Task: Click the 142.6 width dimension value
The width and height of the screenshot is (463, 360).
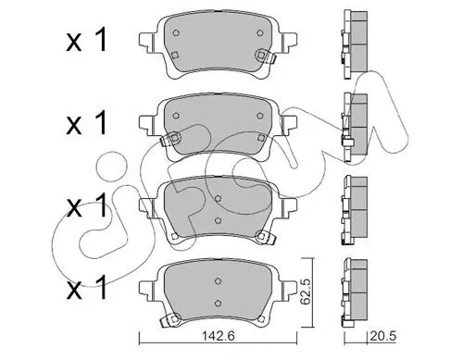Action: (x=219, y=336)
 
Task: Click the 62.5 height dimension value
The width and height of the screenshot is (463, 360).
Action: (x=306, y=293)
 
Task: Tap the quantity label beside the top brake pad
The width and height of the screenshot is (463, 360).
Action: (x=87, y=40)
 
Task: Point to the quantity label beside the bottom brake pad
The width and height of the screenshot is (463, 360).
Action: (x=87, y=288)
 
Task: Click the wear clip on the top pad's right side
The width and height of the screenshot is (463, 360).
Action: (x=265, y=56)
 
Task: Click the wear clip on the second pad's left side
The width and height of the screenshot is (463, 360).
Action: (x=170, y=139)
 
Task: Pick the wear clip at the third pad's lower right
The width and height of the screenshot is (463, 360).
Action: (x=266, y=238)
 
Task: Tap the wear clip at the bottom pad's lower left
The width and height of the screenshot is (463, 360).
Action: (x=169, y=319)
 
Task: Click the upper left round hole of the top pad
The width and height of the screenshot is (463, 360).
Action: (x=176, y=33)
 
